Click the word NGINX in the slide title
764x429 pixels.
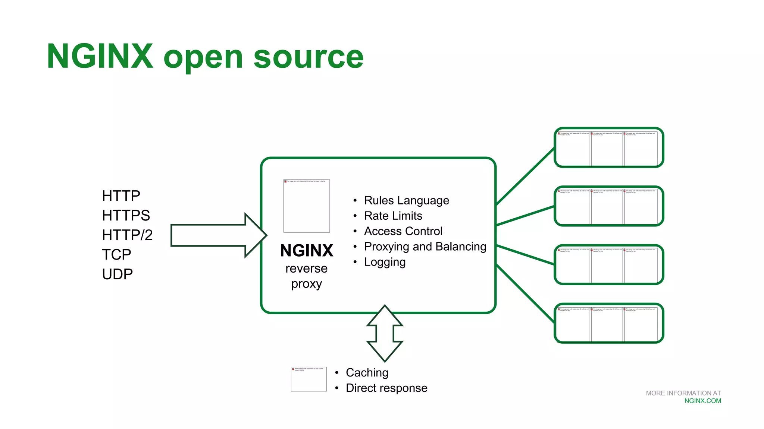(x=100, y=56)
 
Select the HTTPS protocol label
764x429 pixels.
(x=126, y=216)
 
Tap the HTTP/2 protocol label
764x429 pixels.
(x=127, y=235)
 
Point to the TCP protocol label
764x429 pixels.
(x=116, y=255)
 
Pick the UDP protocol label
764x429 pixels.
(x=117, y=274)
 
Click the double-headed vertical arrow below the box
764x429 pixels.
(x=385, y=333)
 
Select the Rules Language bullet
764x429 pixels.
(x=406, y=200)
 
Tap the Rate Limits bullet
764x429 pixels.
(x=393, y=216)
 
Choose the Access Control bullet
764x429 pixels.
(x=403, y=231)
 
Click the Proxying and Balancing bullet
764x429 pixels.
(x=425, y=247)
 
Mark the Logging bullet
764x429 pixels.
(x=385, y=262)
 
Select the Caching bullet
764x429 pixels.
(x=367, y=372)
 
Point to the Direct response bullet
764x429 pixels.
(x=386, y=388)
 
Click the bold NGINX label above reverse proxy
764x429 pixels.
(x=307, y=251)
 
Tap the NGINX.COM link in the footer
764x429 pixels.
(x=702, y=401)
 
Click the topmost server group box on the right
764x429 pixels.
(x=609, y=148)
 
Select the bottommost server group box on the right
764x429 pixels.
(x=609, y=323)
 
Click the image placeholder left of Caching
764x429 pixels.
(x=309, y=379)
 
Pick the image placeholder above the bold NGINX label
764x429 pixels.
(x=307, y=206)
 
